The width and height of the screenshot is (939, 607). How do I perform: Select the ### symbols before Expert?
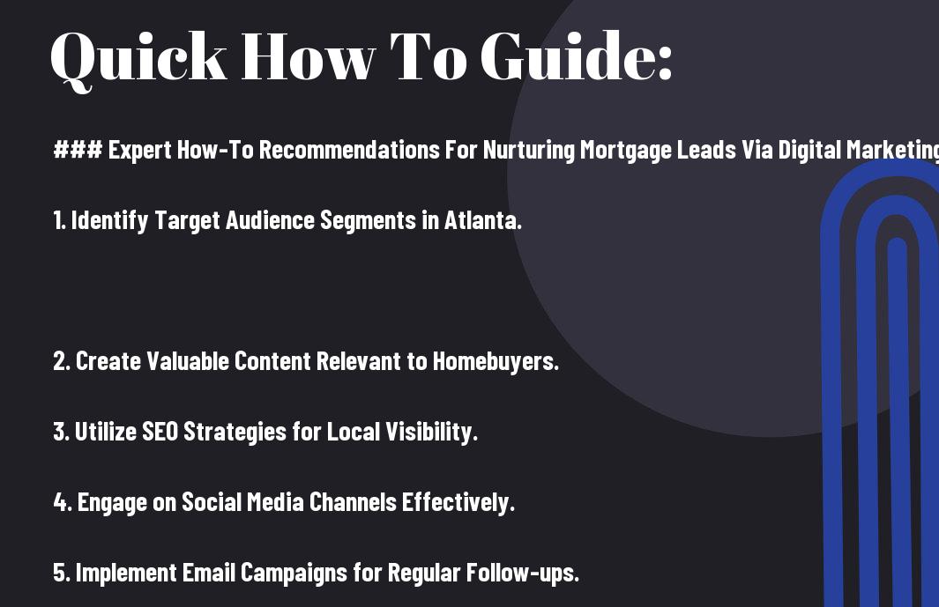point(78,151)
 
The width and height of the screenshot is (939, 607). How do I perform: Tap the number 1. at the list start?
point(59,221)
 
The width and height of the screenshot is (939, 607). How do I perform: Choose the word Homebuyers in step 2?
point(495,361)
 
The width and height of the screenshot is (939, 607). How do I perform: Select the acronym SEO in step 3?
point(160,432)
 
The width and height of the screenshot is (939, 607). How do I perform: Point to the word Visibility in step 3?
point(432,432)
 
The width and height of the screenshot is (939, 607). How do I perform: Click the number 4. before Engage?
point(63,502)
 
